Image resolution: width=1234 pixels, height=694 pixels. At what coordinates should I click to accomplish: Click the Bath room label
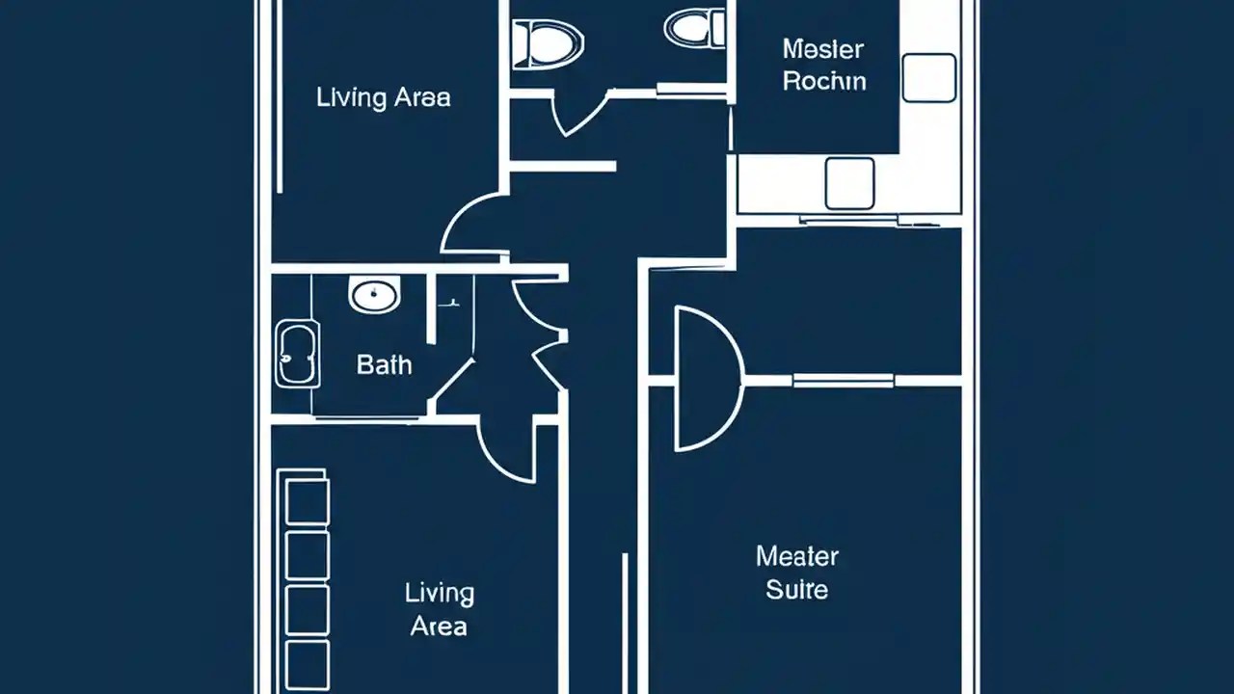tap(384, 365)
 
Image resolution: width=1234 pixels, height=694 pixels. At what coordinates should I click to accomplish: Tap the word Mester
tap(822, 49)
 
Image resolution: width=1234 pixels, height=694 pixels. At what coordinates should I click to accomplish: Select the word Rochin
tap(824, 81)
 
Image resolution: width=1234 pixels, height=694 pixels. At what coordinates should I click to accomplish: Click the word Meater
tap(796, 556)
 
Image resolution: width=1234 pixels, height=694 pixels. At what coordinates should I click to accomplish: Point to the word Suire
tap(796, 589)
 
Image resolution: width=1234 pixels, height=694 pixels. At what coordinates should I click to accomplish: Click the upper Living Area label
tap(383, 97)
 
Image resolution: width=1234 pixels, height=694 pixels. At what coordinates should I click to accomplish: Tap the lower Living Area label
tap(439, 609)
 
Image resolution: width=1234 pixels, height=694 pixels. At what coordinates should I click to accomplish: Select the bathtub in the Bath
tap(297, 355)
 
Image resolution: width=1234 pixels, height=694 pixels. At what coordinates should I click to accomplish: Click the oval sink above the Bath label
tap(374, 295)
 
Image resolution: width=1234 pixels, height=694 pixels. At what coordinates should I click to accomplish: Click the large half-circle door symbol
tap(706, 378)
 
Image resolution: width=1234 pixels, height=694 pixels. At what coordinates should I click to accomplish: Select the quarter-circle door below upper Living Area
tap(472, 227)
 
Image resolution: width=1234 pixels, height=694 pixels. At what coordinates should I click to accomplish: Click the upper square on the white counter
tap(929, 78)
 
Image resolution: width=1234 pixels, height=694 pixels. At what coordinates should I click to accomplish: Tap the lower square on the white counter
tap(849, 183)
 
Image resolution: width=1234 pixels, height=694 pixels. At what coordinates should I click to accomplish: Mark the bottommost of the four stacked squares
tap(308, 664)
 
